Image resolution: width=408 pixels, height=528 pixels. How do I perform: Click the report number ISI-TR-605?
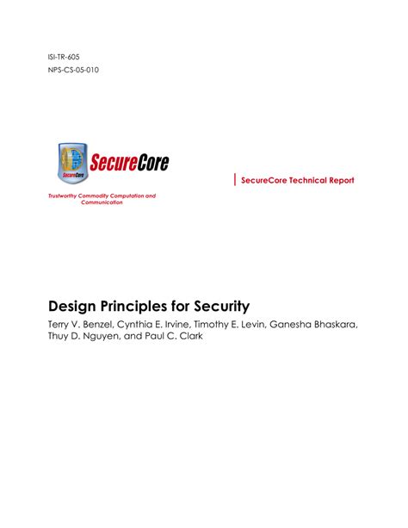tap(67, 57)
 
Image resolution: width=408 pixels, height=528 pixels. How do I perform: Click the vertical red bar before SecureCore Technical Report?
tap(234, 179)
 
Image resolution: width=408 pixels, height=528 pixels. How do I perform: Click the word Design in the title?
tap(71, 306)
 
